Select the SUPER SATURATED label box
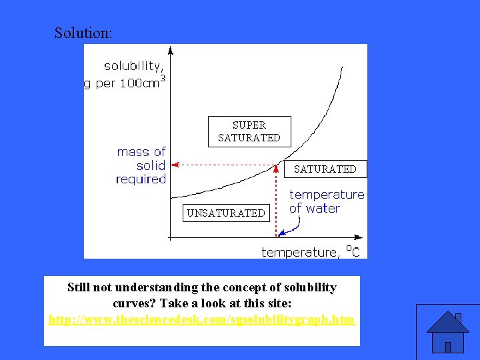pos(249,131)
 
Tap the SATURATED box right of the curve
pos(325,169)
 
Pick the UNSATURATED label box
pos(226,213)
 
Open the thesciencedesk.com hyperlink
pos(201,320)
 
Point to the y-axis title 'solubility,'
pos(133,66)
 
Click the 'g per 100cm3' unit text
pos(125,85)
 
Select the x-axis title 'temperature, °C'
pos(311,252)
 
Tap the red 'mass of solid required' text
pos(141,165)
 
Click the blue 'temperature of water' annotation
pos(327,201)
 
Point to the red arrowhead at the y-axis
pos(175,163)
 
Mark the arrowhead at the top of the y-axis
pos(171,50)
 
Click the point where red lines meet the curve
pos(276,164)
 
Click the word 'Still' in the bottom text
pos(80,287)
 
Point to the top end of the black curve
pos(343,67)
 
